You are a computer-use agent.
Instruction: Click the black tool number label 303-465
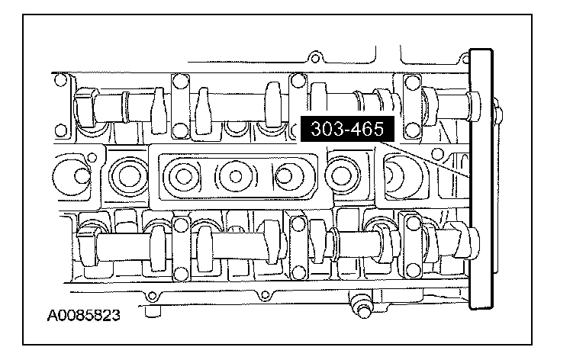click(348, 129)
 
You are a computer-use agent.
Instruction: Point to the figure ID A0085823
click(84, 316)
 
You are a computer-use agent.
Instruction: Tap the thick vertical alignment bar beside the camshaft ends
click(481, 179)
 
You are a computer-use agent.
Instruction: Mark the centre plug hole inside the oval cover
click(236, 176)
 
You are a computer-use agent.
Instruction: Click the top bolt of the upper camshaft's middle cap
click(298, 80)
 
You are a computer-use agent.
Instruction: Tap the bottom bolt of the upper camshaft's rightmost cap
click(412, 130)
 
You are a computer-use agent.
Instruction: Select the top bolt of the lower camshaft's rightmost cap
click(414, 223)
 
